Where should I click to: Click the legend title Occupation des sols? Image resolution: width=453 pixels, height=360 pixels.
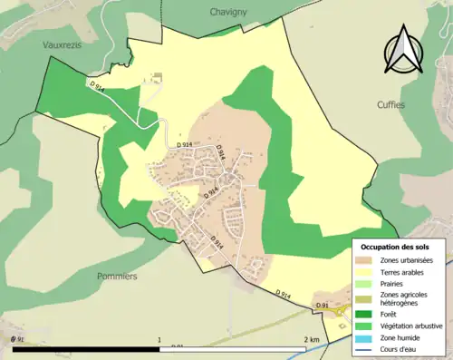[x=400, y=247]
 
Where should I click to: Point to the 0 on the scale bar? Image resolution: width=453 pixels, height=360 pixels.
[x=13, y=340]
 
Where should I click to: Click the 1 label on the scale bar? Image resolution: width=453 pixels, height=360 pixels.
[x=159, y=340]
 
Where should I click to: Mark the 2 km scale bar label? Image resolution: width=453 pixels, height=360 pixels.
[x=311, y=340]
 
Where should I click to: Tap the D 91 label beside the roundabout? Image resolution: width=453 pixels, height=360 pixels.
[x=322, y=306]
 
